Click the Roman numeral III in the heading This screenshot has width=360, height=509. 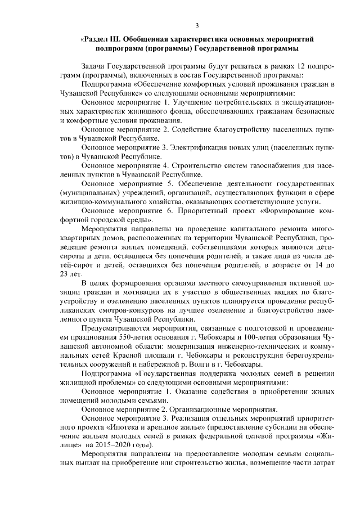pyautogui.click(x=112, y=39)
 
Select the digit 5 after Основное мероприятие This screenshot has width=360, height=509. pyautogui.click(x=170, y=184)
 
